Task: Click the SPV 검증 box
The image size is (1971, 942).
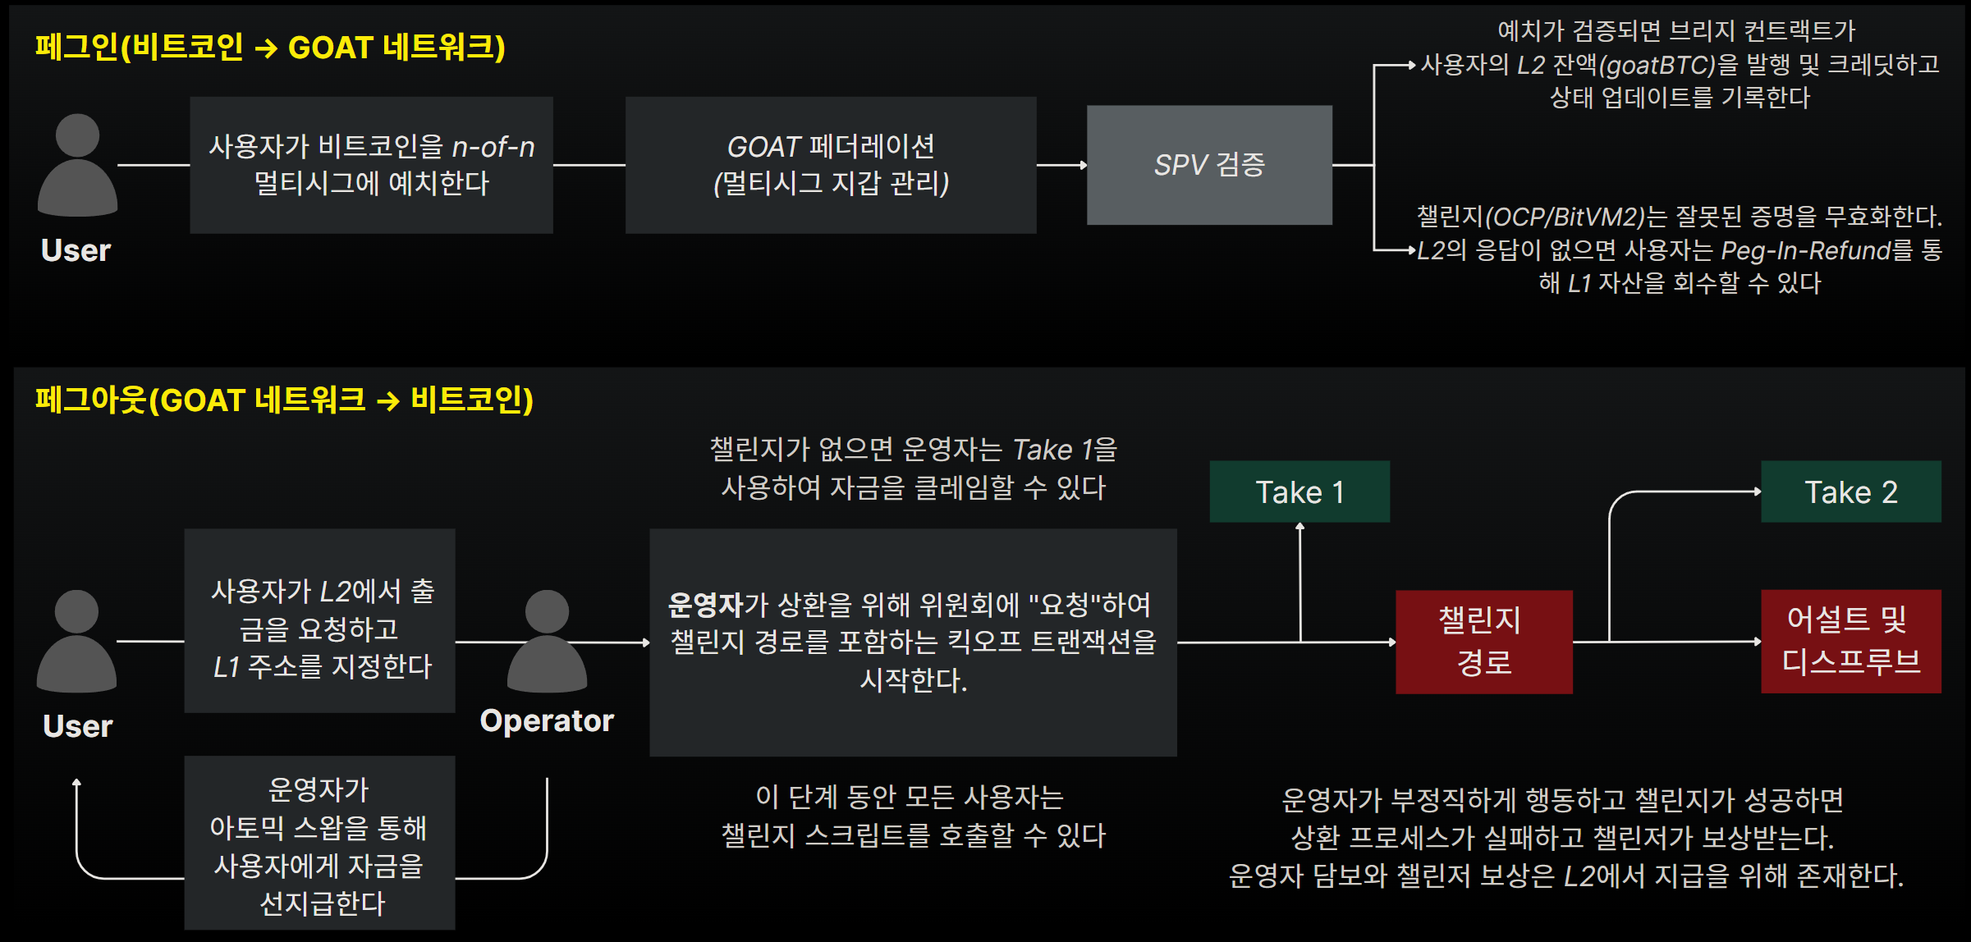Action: (x=1208, y=165)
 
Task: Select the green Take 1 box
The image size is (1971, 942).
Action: (x=1299, y=492)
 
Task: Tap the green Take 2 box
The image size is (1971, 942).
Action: (x=1850, y=492)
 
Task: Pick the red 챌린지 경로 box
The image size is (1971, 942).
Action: (x=1483, y=641)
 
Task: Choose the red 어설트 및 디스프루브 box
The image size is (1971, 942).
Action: (x=1850, y=641)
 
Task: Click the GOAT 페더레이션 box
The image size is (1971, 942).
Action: (x=830, y=165)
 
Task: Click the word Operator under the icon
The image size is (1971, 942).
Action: (x=547, y=720)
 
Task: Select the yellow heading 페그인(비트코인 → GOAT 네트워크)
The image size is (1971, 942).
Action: (x=269, y=47)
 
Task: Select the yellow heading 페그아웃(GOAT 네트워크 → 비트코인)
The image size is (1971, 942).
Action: (x=284, y=400)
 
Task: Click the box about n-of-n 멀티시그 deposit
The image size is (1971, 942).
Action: (x=371, y=165)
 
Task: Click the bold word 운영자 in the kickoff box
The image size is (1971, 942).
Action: (x=705, y=605)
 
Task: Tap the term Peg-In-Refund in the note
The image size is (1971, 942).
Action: (x=1805, y=250)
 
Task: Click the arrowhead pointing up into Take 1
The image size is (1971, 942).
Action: (x=1299, y=527)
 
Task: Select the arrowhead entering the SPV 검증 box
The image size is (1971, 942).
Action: (x=1083, y=165)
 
